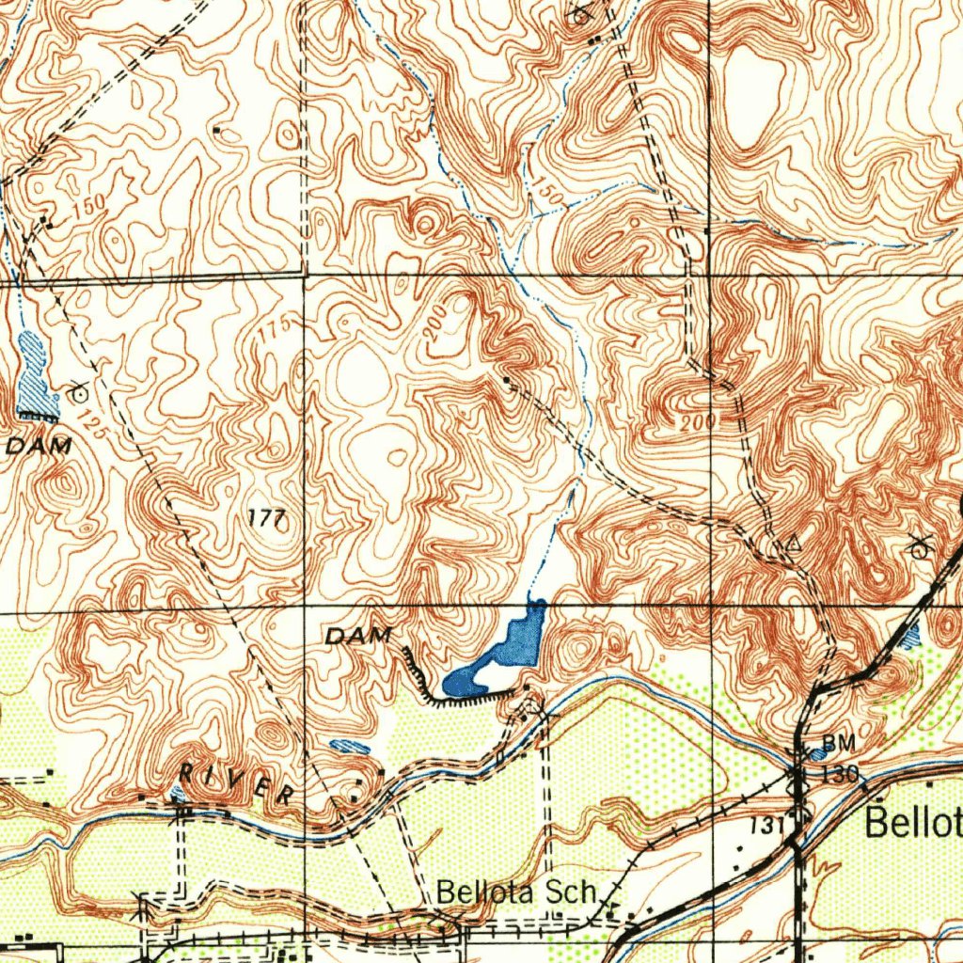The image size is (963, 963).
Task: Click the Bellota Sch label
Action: tap(517, 891)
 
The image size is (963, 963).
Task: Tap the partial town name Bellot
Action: tap(912, 823)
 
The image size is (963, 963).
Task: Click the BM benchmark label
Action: tap(839, 744)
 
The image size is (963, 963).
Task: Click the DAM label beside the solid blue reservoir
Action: tap(357, 637)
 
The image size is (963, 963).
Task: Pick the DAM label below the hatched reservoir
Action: tap(39, 448)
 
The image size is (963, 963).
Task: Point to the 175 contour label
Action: tap(274, 331)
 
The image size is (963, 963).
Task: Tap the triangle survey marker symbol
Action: tap(793, 543)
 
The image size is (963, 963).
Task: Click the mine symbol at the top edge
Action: tap(580, 13)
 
